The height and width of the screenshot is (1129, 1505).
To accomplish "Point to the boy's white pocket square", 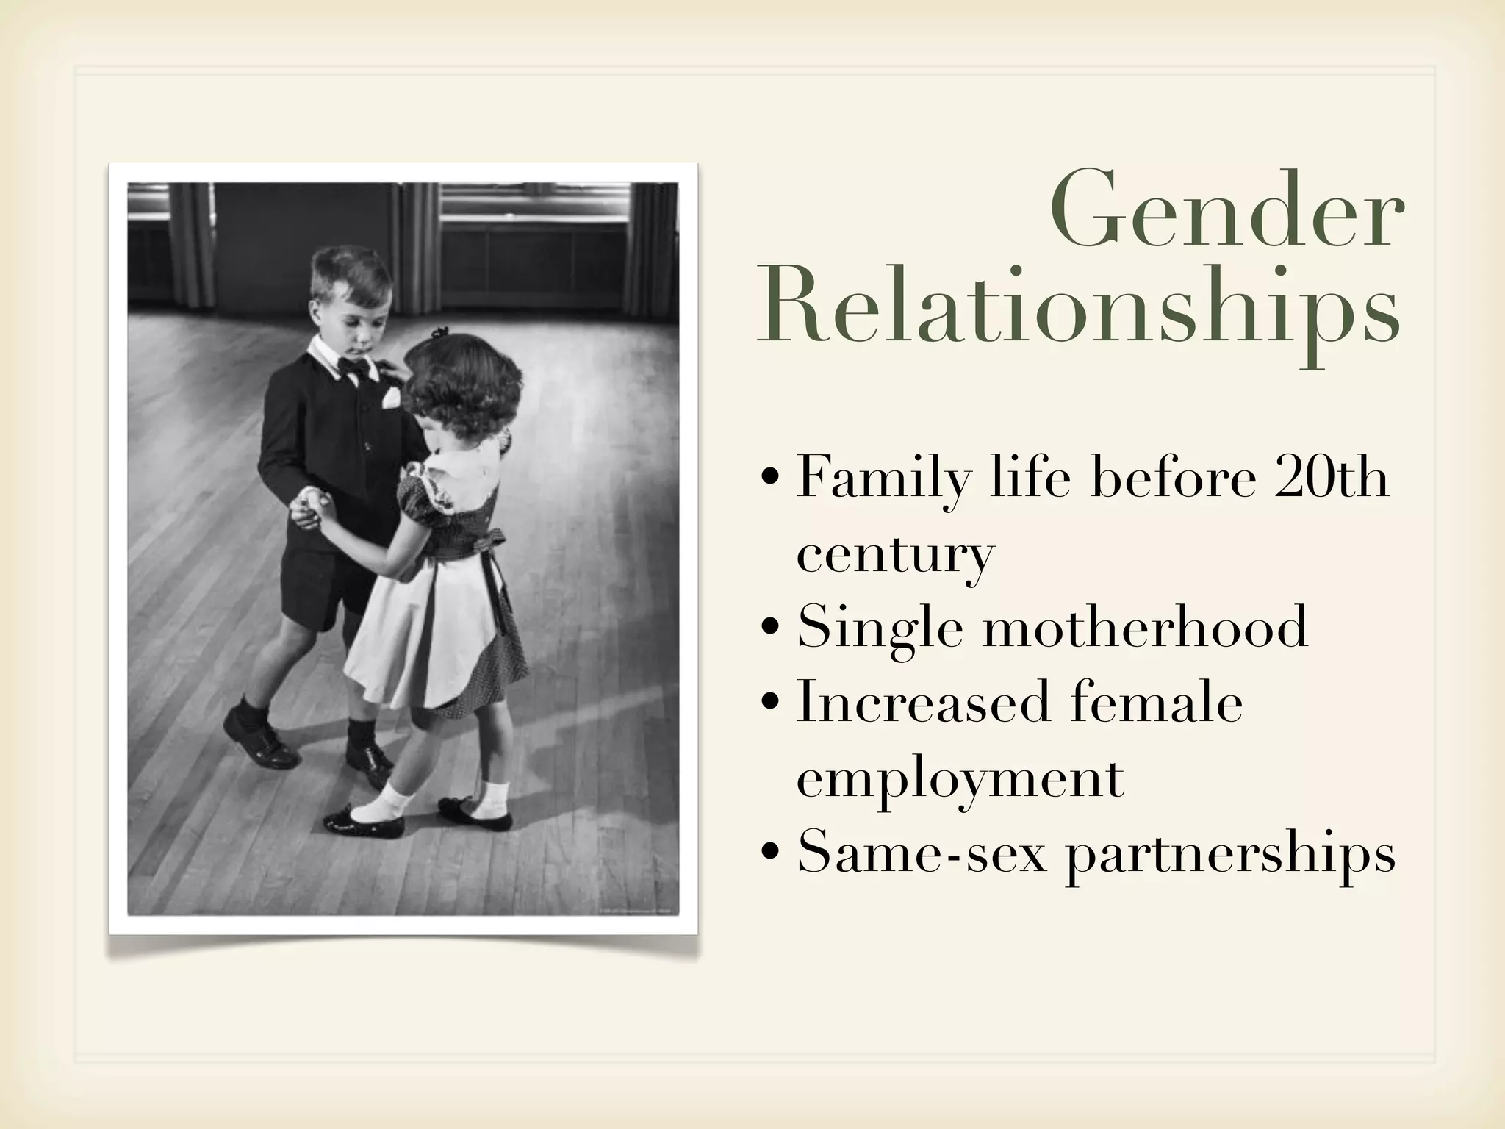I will click(392, 397).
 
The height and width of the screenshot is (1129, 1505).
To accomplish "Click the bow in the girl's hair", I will click(439, 333).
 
